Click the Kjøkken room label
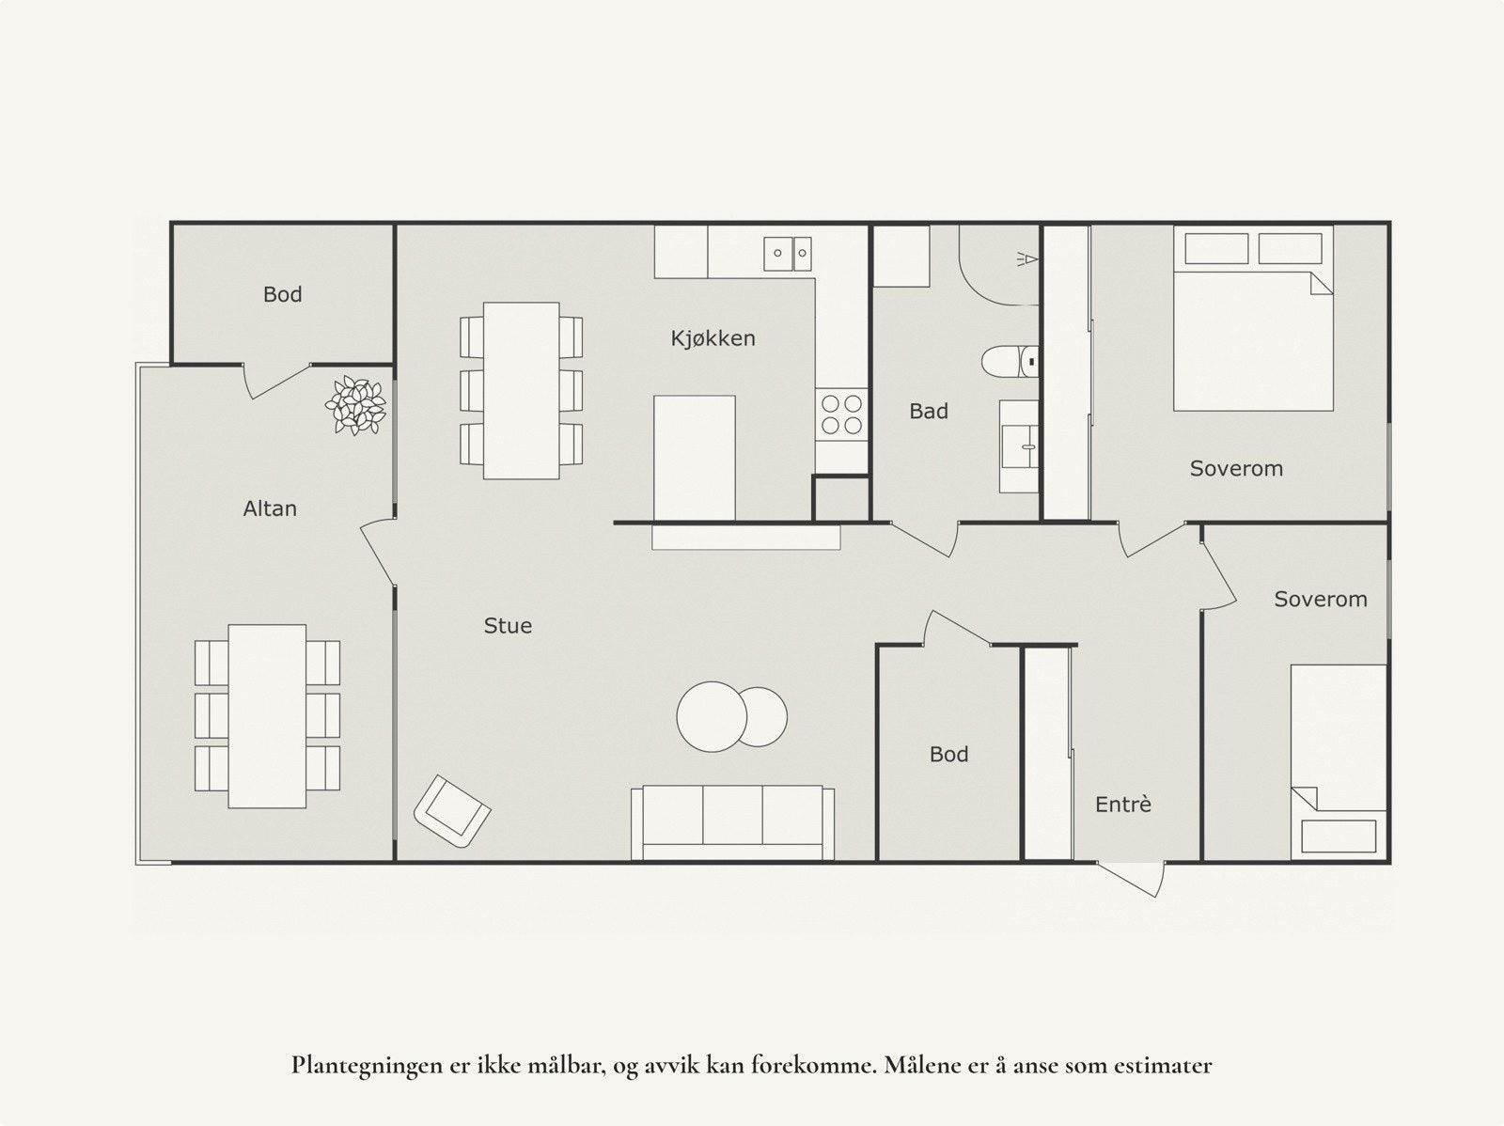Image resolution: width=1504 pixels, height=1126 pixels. tap(713, 338)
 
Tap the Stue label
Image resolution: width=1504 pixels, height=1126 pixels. tap(508, 626)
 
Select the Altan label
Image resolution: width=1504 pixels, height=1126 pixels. tap(270, 508)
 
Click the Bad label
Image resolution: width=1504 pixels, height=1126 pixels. tap(928, 411)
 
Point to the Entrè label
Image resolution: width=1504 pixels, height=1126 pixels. tap(1122, 805)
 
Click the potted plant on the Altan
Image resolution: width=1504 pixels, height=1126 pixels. tap(355, 405)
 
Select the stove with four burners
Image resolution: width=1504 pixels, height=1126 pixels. tap(841, 414)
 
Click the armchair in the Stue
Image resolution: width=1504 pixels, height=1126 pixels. tap(452, 811)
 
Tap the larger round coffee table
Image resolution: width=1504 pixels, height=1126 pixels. tap(711, 715)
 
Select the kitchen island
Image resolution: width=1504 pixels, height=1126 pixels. tap(694, 458)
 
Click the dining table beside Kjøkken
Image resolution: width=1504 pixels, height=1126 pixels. tap(521, 390)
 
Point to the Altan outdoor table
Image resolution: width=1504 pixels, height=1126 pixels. tap(267, 715)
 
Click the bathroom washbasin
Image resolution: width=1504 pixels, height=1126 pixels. tap(1018, 447)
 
